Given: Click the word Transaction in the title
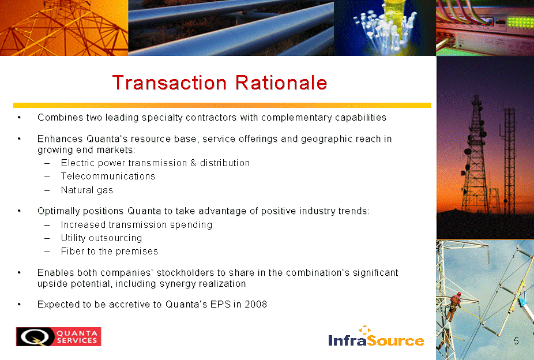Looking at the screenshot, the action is point(170,82).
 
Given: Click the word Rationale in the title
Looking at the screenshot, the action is point(281,82).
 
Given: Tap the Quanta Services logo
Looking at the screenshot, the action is point(59,336).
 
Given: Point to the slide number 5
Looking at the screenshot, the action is point(516,341).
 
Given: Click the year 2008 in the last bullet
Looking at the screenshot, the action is point(256,304).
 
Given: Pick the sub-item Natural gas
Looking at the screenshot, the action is point(87,190).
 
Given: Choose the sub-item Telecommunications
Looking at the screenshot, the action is point(108,176).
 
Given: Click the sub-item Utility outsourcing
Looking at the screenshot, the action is point(101,238).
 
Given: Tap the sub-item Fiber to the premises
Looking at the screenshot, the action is point(110,252).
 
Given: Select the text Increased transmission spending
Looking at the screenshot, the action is point(137,225).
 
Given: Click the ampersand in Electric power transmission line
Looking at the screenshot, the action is point(193,163).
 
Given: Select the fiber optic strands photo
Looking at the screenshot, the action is point(385,28).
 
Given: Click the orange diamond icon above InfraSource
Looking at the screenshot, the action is point(364,329).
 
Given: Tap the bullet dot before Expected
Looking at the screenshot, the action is point(20,305).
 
